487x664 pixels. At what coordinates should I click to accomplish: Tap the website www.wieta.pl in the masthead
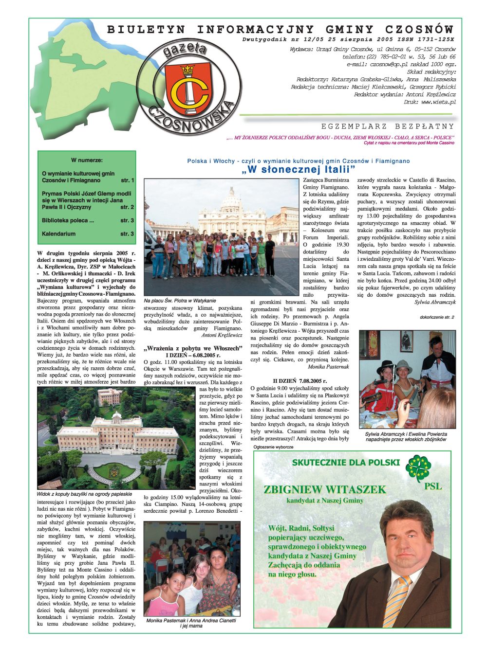[438, 102]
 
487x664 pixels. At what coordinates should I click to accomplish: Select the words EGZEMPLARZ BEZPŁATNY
[387, 126]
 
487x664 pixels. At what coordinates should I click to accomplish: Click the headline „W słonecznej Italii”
[299, 170]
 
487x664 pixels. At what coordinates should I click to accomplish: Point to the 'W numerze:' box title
[87, 160]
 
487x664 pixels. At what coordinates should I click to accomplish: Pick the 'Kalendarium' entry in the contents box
[59, 234]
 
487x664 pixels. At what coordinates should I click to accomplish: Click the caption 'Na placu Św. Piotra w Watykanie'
[180, 301]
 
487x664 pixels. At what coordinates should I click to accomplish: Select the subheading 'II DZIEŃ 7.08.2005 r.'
[300, 381]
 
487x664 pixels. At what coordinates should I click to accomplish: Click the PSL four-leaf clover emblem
[418, 467]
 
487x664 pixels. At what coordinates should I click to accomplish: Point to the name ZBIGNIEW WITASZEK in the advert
[324, 489]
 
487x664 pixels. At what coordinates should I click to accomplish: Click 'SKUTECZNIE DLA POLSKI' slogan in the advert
[346, 463]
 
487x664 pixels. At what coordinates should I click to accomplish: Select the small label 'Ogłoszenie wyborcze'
[274, 447]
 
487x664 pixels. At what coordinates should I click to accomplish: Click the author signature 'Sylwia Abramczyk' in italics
[435, 302]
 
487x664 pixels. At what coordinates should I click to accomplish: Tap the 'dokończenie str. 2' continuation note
[437, 317]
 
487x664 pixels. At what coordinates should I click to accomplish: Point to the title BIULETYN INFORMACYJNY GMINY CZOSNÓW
[280, 30]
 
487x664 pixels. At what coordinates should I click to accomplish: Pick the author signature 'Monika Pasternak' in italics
[328, 367]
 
